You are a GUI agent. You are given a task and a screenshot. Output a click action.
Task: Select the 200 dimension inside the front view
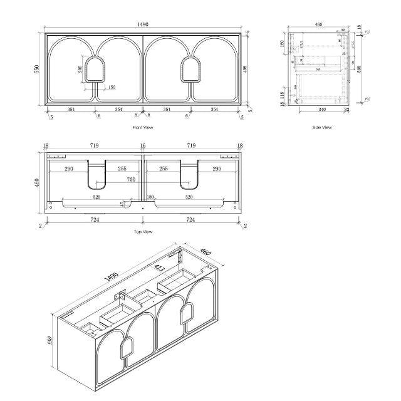point(80,69)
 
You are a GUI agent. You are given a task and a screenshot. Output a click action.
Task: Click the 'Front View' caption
point(143,127)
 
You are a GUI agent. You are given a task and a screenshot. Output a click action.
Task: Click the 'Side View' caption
point(322,127)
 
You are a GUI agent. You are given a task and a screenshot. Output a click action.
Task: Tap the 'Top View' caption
point(143,232)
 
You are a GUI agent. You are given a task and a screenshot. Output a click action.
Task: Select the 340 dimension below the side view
point(321,110)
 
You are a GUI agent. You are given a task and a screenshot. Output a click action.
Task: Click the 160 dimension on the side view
point(283,45)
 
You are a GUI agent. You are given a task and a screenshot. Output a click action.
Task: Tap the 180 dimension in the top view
point(150,196)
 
